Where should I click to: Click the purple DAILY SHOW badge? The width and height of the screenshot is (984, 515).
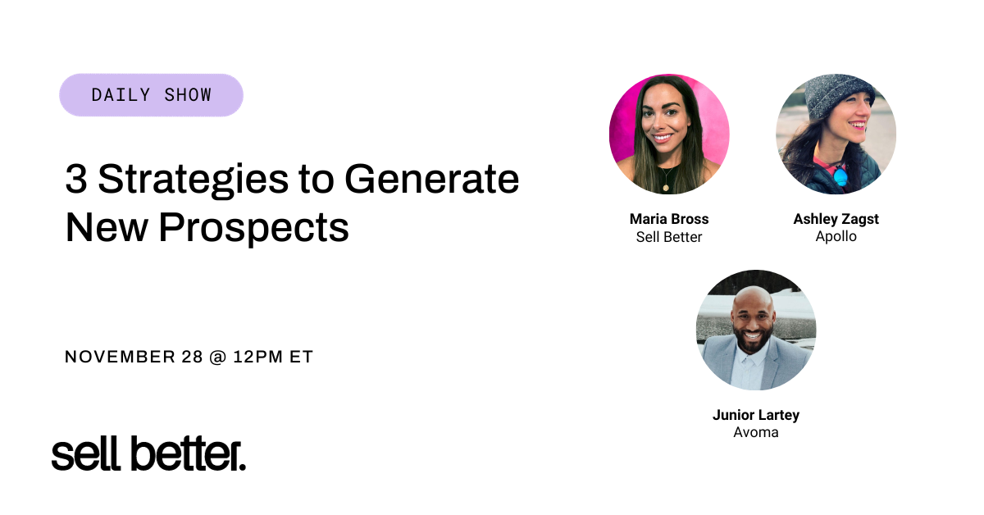click(x=151, y=95)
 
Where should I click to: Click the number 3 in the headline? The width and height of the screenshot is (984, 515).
click(x=75, y=179)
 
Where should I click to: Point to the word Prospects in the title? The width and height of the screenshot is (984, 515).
click(x=254, y=228)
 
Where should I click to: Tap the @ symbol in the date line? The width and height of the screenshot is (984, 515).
click(x=216, y=358)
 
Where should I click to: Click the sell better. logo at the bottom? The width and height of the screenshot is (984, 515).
click(x=148, y=453)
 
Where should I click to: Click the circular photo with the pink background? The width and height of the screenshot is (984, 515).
click(x=669, y=134)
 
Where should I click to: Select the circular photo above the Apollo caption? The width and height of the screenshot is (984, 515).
click(x=836, y=134)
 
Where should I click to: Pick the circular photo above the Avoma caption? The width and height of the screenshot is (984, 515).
click(x=755, y=330)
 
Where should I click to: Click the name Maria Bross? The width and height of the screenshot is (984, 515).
click(x=669, y=219)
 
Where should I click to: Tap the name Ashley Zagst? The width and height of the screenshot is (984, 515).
click(x=836, y=219)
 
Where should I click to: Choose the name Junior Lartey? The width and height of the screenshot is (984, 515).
click(x=755, y=414)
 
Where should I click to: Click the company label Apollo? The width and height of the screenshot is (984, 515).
click(x=836, y=236)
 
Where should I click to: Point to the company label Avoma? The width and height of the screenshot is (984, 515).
click(x=755, y=431)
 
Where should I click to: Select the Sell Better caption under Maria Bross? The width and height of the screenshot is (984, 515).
click(x=669, y=237)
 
